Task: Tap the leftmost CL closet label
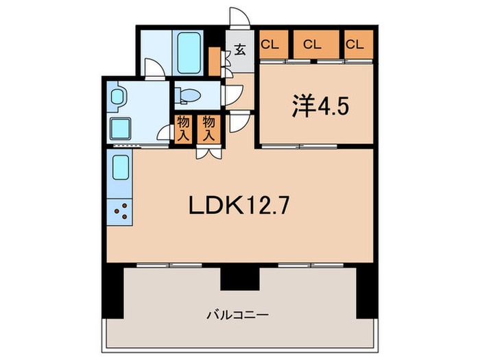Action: tap(269, 45)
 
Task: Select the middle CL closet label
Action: tap(312, 45)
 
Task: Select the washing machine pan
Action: tap(121, 128)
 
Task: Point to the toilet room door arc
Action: tap(235, 95)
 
